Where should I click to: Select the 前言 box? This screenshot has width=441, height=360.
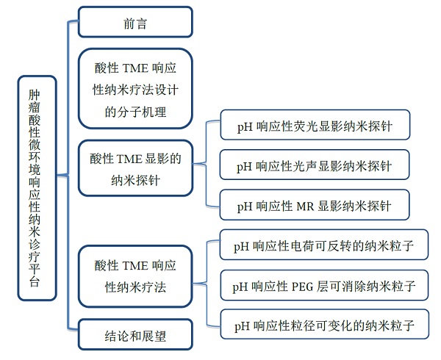135,22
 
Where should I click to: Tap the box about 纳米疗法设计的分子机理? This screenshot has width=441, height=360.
135,90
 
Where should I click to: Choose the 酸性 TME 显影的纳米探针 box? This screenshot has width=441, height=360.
135,168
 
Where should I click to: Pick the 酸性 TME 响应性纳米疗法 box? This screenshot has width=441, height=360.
135,275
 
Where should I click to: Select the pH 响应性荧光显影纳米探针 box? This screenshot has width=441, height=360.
314,126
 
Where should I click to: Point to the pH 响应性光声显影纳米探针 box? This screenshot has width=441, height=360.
314,166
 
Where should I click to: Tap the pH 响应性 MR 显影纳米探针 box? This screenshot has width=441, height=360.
314,205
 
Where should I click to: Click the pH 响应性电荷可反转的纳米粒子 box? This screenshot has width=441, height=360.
324,245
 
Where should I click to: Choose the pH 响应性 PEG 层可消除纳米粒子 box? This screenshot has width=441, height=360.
324,284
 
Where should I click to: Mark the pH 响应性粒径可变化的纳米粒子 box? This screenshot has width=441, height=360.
324,324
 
